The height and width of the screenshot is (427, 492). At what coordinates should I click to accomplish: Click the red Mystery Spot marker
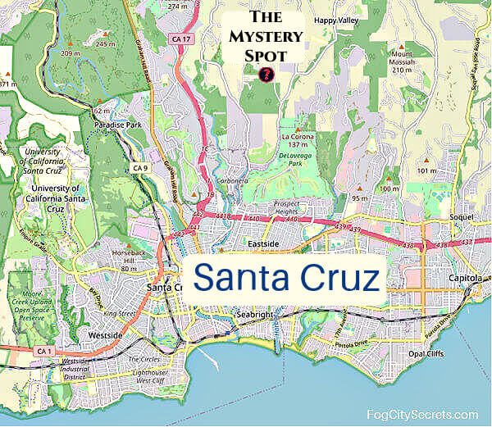[x=265, y=75]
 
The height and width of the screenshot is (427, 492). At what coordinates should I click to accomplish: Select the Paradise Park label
[x=117, y=125]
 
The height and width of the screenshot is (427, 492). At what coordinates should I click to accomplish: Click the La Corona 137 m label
[x=298, y=140]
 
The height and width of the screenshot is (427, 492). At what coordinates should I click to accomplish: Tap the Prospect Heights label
[x=295, y=207]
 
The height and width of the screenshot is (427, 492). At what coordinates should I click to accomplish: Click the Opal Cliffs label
[x=426, y=354]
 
